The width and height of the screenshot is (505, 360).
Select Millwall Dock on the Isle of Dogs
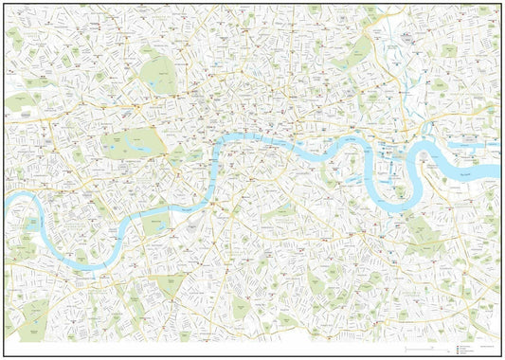click(390, 175)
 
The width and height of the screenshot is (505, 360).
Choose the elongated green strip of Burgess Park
click(284, 218)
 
